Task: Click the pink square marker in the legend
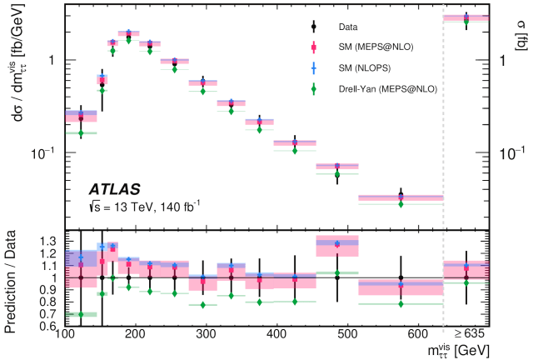pos(310,47)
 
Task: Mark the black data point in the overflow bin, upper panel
pos(466,18)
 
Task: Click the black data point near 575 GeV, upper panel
pos(401,196)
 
